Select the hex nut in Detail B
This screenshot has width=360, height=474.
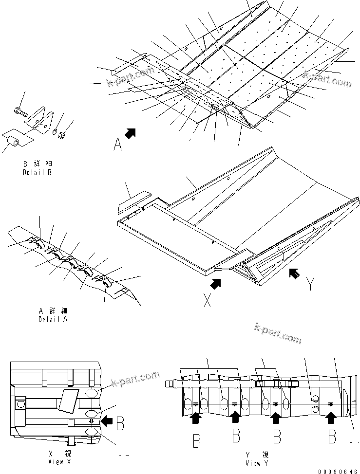click(x=61, y=134)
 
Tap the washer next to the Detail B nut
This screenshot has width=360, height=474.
click(x=55, y=130)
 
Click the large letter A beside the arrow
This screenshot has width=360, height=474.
click(x=117, y=145)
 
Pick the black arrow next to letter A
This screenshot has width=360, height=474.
click(x=130, y=132)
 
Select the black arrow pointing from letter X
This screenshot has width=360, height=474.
click(x=215, y=283)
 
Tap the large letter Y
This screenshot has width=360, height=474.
click(x=310, y=285)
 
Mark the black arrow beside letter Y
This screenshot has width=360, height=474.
click(x=295, y=273)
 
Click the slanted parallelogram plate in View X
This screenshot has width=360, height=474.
click(x=66, y=400)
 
